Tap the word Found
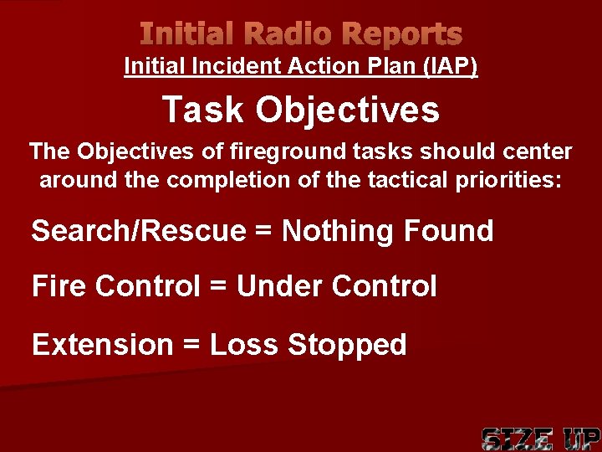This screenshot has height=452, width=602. [x=451, y=231]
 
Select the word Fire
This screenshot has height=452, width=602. [x=59, y=287]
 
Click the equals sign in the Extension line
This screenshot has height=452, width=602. [x=189, y=344]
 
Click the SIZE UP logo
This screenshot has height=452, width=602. [x=540, y=438]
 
